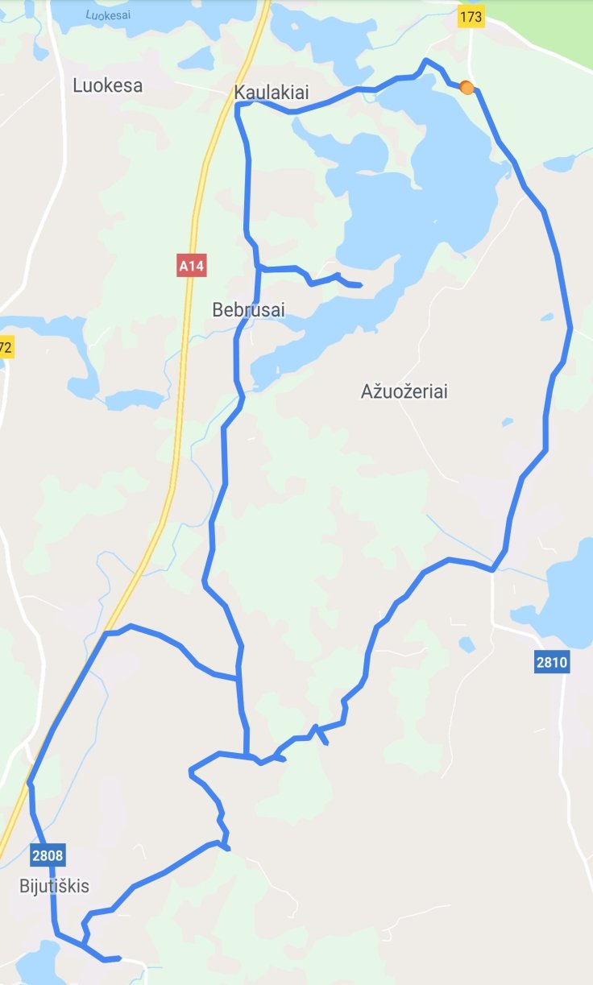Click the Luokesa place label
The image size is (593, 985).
pos(107,85)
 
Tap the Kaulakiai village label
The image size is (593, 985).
pos(272,93)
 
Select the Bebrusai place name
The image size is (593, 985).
pos(249,308)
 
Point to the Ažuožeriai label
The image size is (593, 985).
pos(404,392)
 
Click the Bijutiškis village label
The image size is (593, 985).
pos(54,887)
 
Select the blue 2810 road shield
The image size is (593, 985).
pos(551,663)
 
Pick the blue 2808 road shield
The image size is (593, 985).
pos(48,854)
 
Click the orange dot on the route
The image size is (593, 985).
pos(467,88)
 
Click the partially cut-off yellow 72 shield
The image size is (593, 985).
pos(6,348)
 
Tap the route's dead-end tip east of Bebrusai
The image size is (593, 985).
pos(359,285)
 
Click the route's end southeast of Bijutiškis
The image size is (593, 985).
pos(118,958)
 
